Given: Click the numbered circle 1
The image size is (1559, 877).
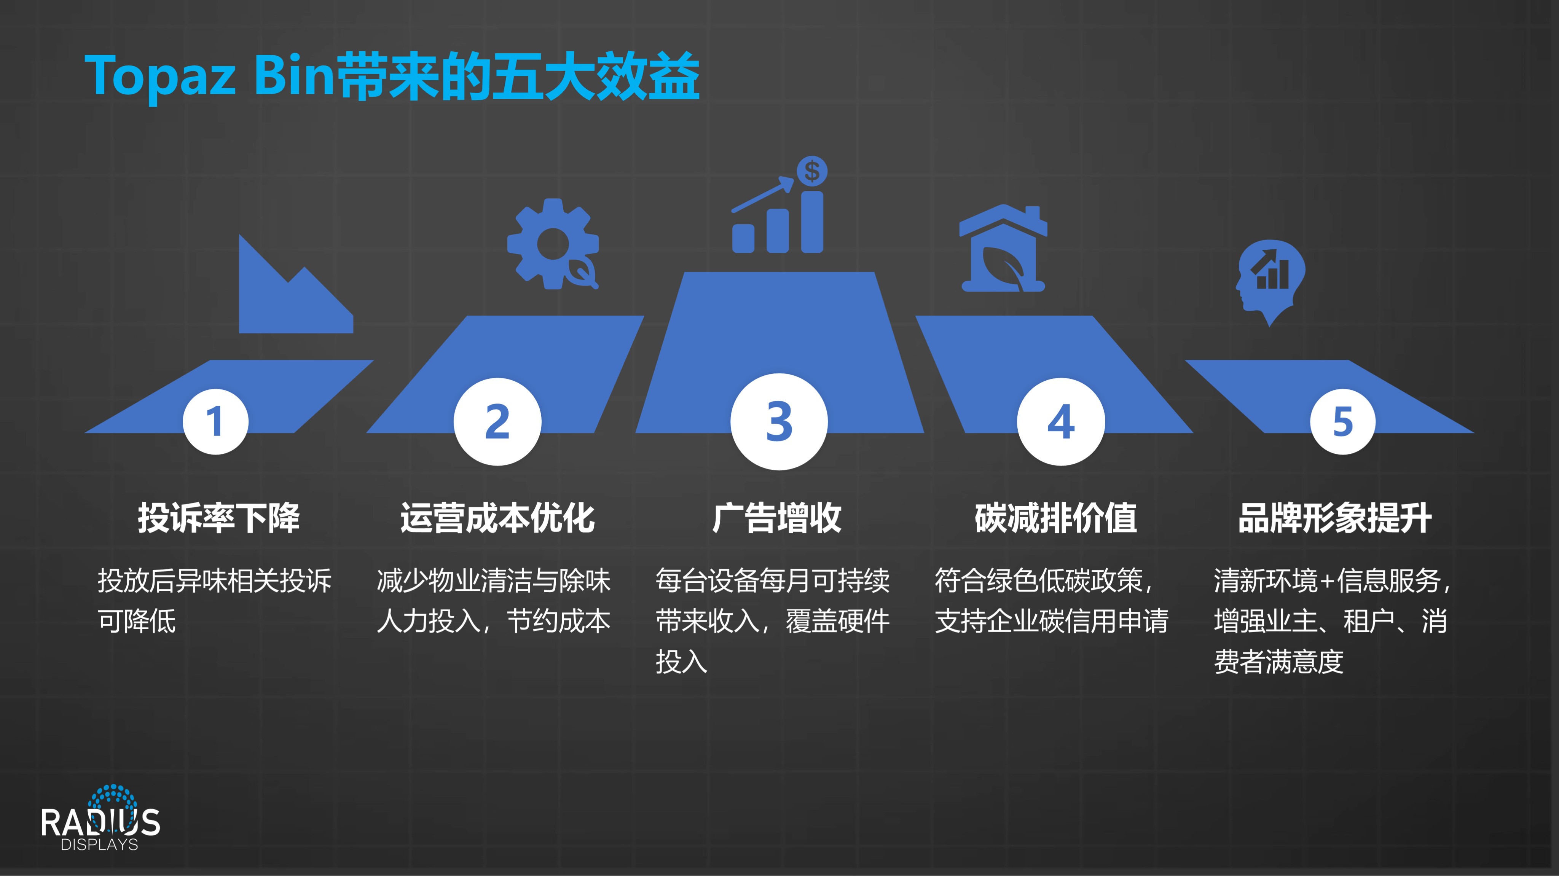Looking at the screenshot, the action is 215,421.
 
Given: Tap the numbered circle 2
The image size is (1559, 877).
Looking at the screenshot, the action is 497,421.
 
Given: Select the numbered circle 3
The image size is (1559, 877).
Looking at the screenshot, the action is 779,421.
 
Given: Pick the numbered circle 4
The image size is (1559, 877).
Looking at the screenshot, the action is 1061,421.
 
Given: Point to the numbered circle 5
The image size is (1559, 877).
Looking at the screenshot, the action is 1342,421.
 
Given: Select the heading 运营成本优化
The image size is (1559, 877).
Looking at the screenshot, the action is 497,518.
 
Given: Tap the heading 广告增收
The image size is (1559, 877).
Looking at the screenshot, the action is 777,518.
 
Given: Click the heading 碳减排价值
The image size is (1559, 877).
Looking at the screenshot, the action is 1056,518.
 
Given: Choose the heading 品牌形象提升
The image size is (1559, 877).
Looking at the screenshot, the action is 1335,518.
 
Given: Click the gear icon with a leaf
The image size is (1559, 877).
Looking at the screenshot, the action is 553,244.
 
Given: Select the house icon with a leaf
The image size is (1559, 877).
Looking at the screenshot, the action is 1003,248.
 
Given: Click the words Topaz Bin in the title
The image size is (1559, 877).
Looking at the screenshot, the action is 209,76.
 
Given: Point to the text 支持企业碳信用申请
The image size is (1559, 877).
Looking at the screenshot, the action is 1051,621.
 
